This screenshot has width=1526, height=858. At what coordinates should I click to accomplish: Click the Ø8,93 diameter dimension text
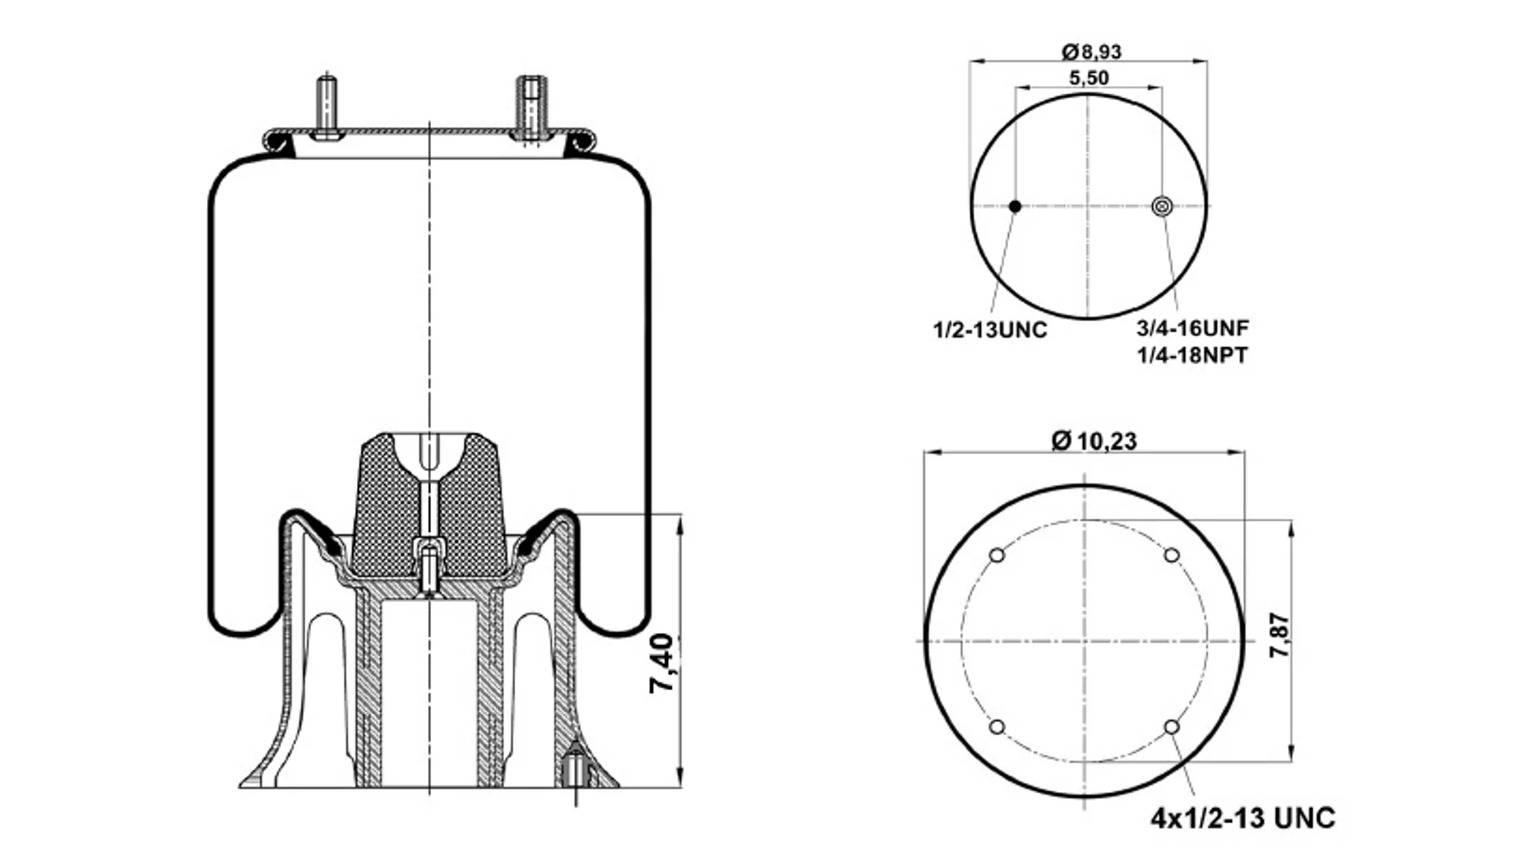click(1091, 52)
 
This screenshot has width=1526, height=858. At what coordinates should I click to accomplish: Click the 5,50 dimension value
click(1089, 78)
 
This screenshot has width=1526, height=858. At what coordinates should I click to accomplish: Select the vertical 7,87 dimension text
click(1280, 635)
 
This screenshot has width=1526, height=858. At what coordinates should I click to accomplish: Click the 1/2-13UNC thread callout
click(990, 330)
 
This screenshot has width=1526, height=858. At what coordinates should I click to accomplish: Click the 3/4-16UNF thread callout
click(1192, 327)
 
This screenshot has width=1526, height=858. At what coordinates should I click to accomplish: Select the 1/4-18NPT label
click(1192, 355)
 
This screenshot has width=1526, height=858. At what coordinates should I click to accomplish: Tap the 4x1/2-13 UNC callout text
click(1242, 818)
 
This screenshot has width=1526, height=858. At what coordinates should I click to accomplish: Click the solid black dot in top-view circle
click(1015, 206)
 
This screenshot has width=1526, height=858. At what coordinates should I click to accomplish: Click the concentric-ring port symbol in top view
click(1162, 206)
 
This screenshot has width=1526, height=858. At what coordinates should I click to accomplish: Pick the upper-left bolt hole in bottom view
click(997, 556)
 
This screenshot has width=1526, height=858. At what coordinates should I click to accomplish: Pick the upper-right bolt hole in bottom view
click(1172, 556)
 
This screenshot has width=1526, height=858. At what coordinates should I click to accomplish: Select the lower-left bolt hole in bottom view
click(997, 727)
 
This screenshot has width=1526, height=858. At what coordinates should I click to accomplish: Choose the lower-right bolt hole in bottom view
click(1172, 727)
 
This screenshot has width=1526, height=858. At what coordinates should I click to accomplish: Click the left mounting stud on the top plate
click(326, 106)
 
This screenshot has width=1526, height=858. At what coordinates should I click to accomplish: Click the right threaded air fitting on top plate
click(531, 106)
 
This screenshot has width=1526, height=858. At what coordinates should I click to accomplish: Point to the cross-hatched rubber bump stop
click(385, 509)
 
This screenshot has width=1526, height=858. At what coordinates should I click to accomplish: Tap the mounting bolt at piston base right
click(575, 773)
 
